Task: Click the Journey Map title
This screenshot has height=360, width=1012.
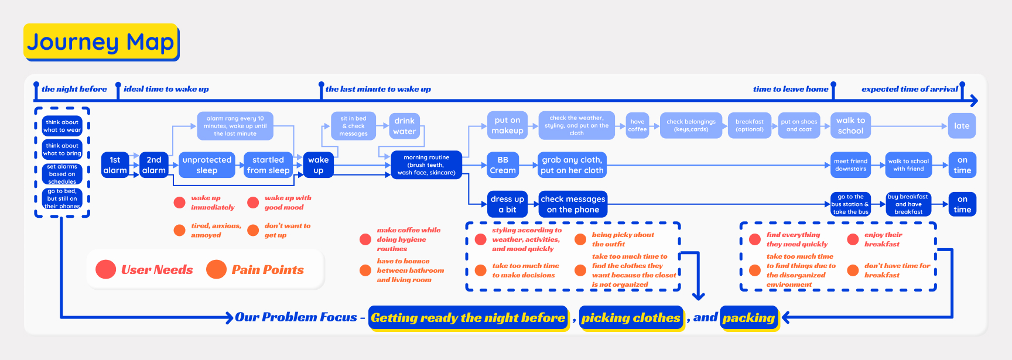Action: [x=101, y=42]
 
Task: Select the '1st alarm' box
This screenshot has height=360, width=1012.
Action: [x=115, y=165]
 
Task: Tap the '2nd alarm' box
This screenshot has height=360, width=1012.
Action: [x=153, y=165]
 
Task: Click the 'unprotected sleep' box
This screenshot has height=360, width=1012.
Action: [x=207, y=165]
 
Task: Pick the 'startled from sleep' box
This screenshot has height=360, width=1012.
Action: [x=268, y=165]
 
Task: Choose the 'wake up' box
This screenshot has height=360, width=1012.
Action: [x=318, y=165]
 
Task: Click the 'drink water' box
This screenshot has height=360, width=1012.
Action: [x=404, y=126]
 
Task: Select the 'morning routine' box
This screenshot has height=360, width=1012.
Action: [x=426, y=165]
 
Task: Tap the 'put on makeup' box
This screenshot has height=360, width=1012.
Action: [x=507, y=126]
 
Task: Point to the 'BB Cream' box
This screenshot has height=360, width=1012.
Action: [x=502, y=165]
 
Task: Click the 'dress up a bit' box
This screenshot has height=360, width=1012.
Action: [x=507, y=204]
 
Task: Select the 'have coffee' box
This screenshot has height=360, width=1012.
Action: [x=637, y=126]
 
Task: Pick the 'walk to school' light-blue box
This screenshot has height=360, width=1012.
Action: [x=850, y=126]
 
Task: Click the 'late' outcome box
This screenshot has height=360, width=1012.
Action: [x=962, y=126]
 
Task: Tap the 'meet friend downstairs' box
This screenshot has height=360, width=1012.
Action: [x=850, y=165]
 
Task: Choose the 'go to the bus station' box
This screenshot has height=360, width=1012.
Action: [x=850, y=204]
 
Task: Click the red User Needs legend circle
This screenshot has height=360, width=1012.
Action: [x=105, y=269]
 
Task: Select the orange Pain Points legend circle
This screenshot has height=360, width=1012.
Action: [x=216, y=269]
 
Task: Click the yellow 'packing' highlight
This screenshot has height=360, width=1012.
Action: [x=749, y=318]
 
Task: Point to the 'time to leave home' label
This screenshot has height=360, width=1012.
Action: [x=791, y=89]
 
